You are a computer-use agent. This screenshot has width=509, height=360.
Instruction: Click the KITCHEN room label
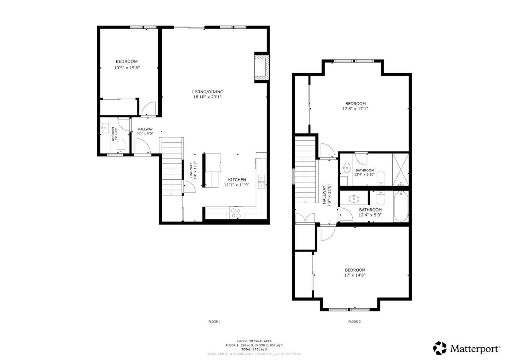click(237, 180)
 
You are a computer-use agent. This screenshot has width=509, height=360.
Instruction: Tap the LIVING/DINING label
click(207, 92)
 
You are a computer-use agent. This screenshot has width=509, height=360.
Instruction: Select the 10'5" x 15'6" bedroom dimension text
click(127, 68)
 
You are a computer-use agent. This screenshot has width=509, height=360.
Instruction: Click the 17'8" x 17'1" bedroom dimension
click(355, 109)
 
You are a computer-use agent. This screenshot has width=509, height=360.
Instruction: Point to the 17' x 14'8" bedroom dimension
click(355, 275)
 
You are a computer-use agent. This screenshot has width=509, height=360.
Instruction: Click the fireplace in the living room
click(261, 67)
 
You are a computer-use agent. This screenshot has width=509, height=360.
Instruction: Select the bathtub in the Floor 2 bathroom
click(401, 206)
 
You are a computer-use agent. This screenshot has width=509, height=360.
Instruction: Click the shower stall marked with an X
click(400, 169)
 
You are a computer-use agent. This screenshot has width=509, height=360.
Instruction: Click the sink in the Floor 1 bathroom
click(105, 129)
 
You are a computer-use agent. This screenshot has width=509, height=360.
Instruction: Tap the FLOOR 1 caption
click(214, 322)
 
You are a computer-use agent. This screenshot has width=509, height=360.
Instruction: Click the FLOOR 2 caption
click(354, 322)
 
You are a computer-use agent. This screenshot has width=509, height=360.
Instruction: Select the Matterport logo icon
click(440, 348)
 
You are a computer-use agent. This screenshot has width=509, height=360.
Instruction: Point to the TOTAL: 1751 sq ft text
click(254, 349)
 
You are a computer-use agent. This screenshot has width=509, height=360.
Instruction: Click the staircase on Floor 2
click(305, 170)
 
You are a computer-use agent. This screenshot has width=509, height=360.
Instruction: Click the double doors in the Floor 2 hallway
click(305, 218)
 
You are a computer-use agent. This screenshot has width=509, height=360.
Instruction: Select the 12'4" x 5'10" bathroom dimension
click(364, 174)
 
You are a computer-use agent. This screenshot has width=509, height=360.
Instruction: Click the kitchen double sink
click(262, 181)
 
